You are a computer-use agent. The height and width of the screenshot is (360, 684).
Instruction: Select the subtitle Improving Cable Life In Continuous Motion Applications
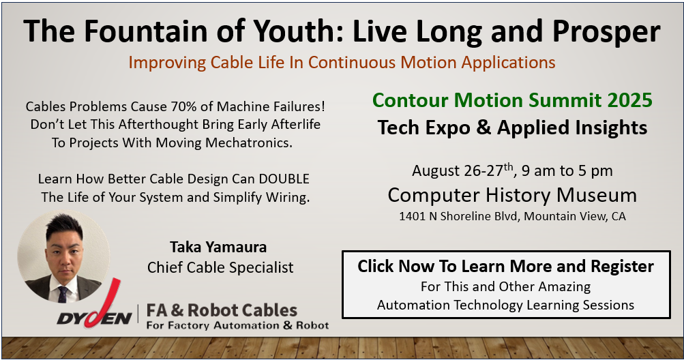pyautogui.click(x=342, y=63)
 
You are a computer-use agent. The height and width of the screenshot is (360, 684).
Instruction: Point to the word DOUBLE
pyautogui.click(x=284, y=179)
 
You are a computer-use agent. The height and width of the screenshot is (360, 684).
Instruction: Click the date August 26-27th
pyautogui.click(x=463, y=170)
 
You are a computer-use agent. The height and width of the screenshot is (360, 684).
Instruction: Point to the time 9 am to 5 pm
pyautogui.click(x=567, y=170)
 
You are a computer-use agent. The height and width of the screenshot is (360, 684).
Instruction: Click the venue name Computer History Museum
pyautogui.click(x=512, y=195)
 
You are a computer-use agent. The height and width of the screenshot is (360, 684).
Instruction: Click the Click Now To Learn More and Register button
pyautogui.click(x=506, y=284)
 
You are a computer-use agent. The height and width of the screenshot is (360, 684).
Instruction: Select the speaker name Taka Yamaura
pyautogui.click(x=218, y=247)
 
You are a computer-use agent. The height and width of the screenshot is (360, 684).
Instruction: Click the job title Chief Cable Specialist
pyautogui.click(x=220, y=267)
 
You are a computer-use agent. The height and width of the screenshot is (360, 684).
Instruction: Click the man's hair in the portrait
pyautogui.click(x=64, y=226)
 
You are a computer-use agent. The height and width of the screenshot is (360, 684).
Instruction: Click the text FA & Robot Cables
pyautogui.click(x=222, y=311)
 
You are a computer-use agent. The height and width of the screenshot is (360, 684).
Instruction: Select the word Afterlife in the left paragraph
pyautogui.click(x=296, y=124)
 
